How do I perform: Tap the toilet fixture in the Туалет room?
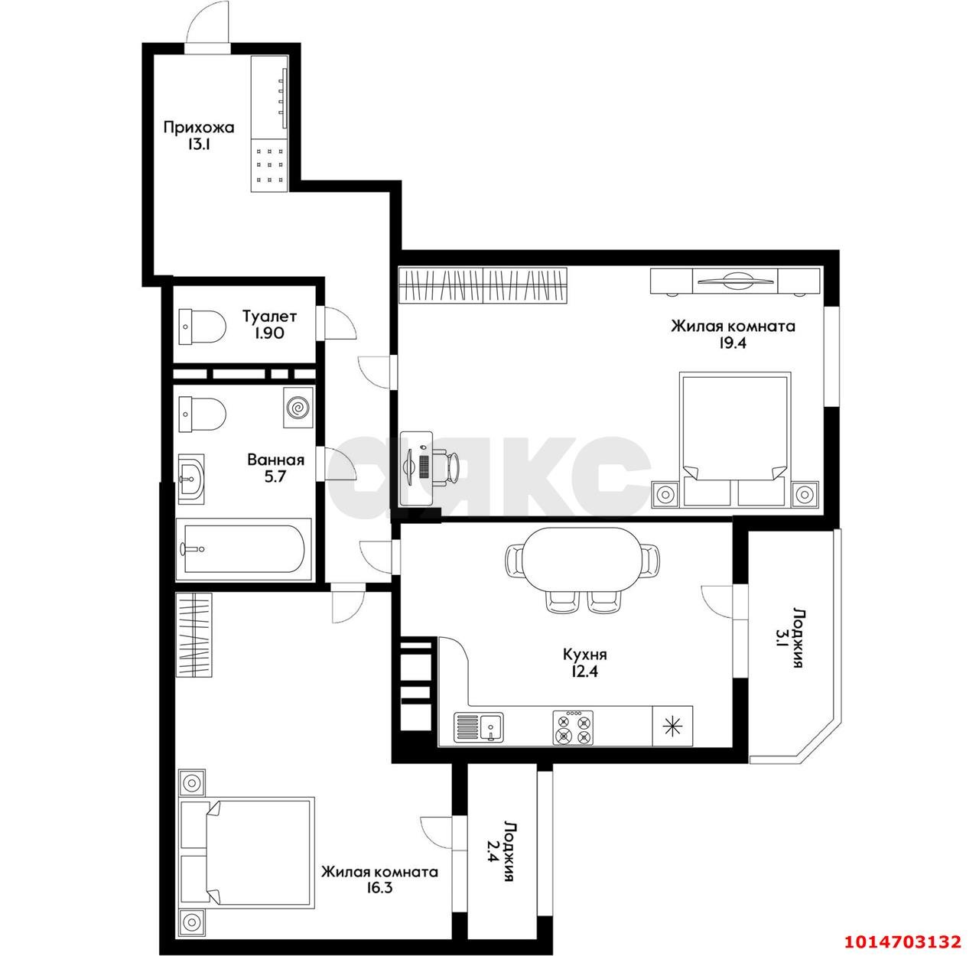point(202,327)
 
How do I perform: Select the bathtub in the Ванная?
point(244,549)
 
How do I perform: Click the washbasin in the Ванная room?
point(192,478)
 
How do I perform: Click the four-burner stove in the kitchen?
point(574,727)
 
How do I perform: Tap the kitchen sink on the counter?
point(479,727)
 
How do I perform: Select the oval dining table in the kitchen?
point(583,559)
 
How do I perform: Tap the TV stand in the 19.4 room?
point(735,281)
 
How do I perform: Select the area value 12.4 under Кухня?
point(584,671)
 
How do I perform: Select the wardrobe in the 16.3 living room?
point(194,635)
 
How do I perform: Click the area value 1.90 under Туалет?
point(269,333)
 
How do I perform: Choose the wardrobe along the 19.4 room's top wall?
point(483,285)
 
